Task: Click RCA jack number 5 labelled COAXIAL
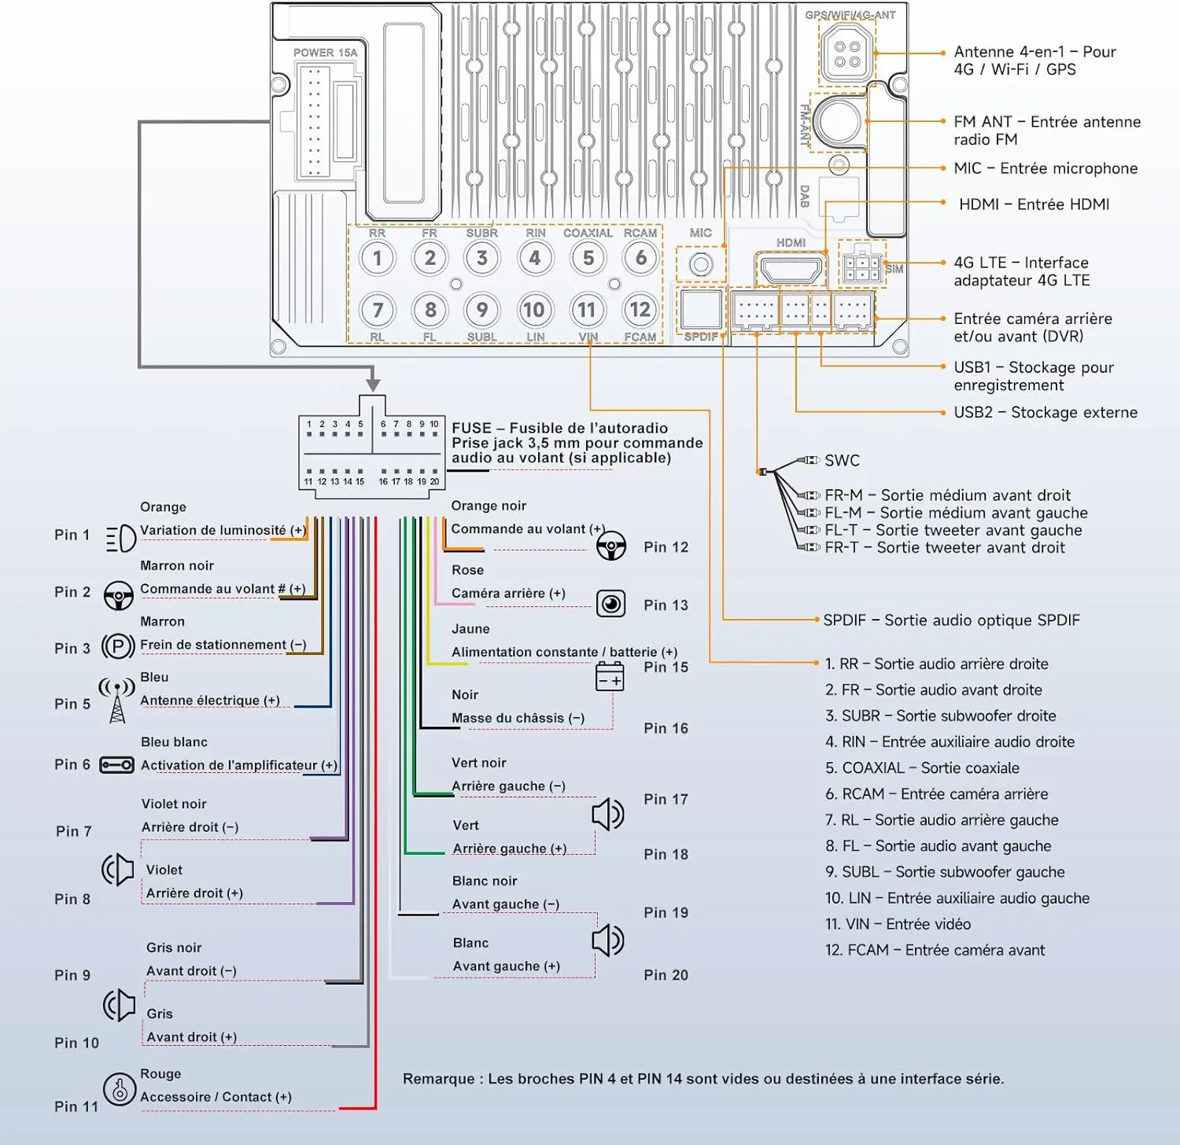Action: (x=588, y=258)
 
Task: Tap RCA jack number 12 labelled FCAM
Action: (x=640, y=310)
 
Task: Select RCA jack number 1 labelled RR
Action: (x=378, y=258)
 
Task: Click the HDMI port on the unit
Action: (x=790, y=270)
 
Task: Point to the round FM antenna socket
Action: (x=839, y=121)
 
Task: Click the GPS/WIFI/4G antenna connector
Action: (x=846, y=53)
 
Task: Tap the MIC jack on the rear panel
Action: (x=700, y=264)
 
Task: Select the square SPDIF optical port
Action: (x=701, y=310)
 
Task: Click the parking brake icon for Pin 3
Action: (x=118, y=647)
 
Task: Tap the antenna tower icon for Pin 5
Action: (x=116, y=700)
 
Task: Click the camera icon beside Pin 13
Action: (x=610, y=604)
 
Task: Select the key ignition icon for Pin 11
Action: (x=120, y=1089)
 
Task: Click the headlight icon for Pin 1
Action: (x=120, y=538)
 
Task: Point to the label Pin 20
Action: (x=666, y=975)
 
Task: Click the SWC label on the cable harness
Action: (x=842, y=461)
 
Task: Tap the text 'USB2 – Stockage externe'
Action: (x=1045, y=413)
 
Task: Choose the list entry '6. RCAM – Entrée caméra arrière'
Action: (x=936, y=794)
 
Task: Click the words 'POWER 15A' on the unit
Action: (x=325, y=53)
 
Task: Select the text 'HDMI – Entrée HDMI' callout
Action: (x=1034, y=204)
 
